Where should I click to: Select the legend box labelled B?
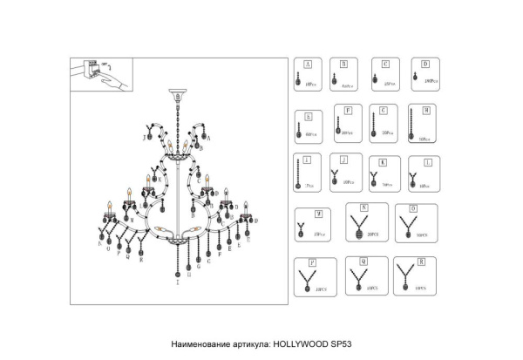click(347, 75)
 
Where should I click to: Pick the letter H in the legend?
click(425, 111)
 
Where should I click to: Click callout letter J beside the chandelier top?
click(142, 138)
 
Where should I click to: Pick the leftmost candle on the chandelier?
click(110, 208)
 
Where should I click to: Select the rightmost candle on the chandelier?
click(247, 207)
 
